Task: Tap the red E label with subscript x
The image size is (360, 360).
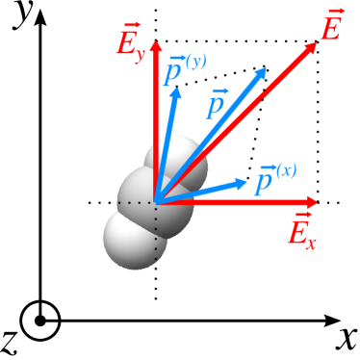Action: [300, 231]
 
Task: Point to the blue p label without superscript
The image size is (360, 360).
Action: [217, 103]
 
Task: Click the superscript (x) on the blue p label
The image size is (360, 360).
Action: [283, 171]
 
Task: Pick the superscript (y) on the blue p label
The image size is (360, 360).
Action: [193, 63]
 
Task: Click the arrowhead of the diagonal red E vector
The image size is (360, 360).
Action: [310, 49]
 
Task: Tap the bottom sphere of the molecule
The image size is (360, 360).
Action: [132, 241]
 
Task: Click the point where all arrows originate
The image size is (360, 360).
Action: [156, 202]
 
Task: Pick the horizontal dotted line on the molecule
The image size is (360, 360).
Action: [141, 203]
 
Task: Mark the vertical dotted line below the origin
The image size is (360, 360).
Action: [156, 236]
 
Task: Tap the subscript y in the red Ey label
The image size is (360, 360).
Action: [141, 52]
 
